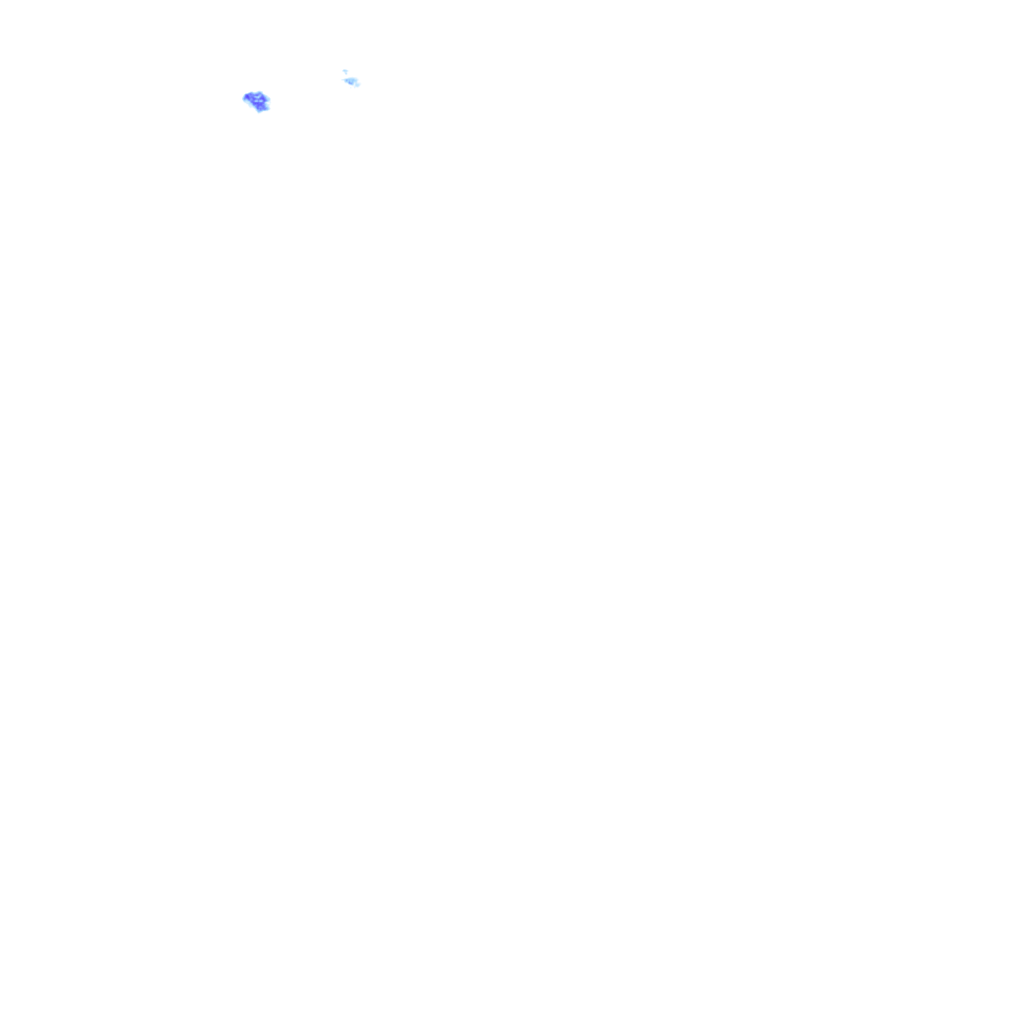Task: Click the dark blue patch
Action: click(x=257, y=101)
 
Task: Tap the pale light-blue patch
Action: click(x=351, y=81)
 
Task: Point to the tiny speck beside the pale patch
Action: click(x=345, y=71)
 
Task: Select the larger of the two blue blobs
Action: click(x=257, y=101)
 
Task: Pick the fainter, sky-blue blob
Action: click(x=351, y=81)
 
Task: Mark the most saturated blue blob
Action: click(x=257, y=101)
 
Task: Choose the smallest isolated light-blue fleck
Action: click(x=345, y=71)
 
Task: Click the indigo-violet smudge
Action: click(x=257, y=101)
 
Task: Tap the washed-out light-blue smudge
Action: click(x=351, y=81)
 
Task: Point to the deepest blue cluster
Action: click(x=257, y=101)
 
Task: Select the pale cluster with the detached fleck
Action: click(x=351, y=81)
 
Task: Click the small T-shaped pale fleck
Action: click(x=345, y=71)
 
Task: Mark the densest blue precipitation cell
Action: click(x=257, y=101)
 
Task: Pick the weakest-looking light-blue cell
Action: click(x=351, y=81)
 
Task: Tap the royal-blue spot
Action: click(x=257, y=101)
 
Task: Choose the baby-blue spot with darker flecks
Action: click(x=351, y=81)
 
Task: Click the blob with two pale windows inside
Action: click(x=257, y=101)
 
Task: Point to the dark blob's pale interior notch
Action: click(x=258, y=99)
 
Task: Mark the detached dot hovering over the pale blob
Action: click(x=345, y=71)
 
